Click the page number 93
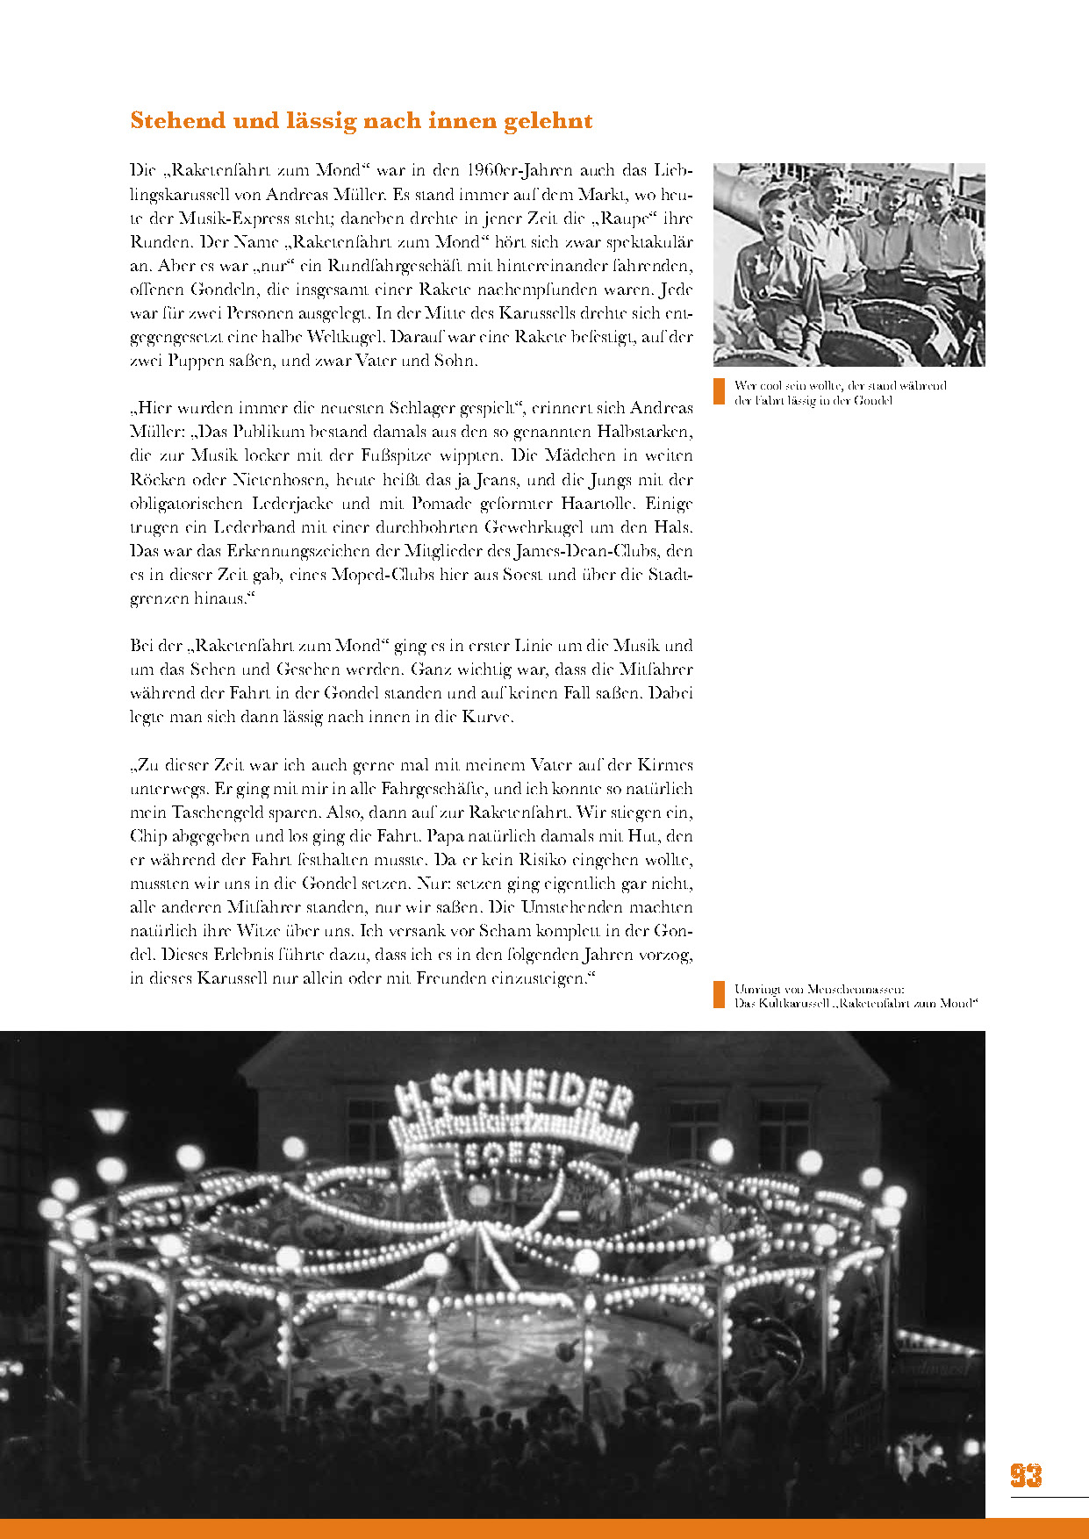point(1026,1476)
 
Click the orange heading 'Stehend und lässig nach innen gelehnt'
point(361,121)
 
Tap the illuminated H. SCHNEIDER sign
point(514,1098)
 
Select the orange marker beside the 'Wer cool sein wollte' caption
point(720,391)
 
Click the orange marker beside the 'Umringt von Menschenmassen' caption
point(720,994)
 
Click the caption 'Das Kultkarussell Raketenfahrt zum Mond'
point(856,1003)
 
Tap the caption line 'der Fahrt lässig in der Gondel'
point(813,400)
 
